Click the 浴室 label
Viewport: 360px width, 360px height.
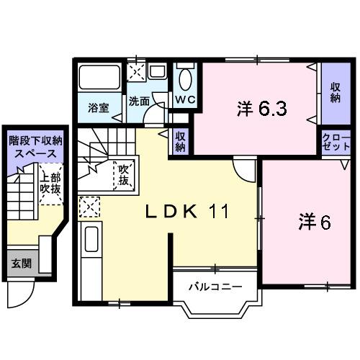[99, 108]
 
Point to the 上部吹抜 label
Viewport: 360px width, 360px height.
[50, 183]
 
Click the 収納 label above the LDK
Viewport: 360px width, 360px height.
[181, 140]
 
